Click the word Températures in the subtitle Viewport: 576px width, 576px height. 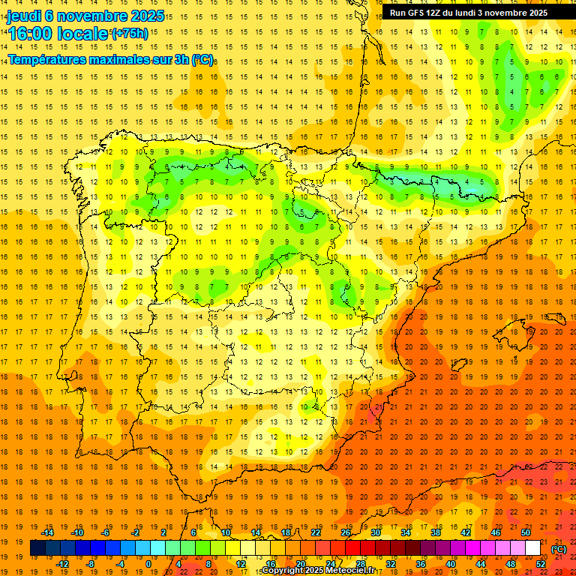[46, 58]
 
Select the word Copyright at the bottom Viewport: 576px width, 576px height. [282, 571]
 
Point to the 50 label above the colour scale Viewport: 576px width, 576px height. [526, 532]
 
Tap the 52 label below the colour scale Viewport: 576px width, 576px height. [541, 564]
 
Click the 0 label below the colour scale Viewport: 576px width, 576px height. [148, 564]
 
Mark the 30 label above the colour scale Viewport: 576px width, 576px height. [375, 532]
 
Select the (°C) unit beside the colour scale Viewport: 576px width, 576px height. [559, 549]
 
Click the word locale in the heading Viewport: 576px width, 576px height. [80, 34]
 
